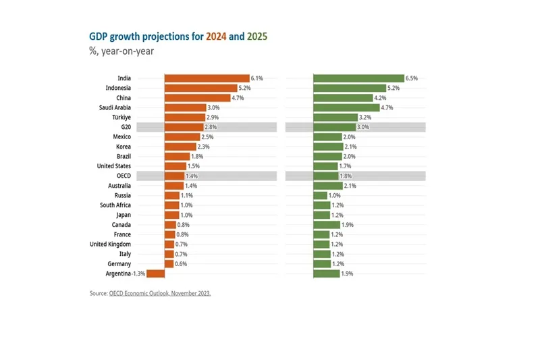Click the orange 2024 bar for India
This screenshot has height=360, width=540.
[x=207, y=78]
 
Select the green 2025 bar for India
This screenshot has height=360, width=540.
[x=358, y=78]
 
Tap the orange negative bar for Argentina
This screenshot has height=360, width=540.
[x=156, y=274]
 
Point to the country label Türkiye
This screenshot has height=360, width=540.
[x=122, y=118]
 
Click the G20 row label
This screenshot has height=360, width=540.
[x=126, y=127]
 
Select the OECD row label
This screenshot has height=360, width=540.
[x=124, y=176]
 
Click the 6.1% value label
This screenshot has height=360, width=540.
[x=256, y=78]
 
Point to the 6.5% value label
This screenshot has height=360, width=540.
[x=411, y=78]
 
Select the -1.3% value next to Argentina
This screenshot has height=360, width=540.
[x=139, y=274]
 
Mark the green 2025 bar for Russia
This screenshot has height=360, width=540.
[x=320, y=195]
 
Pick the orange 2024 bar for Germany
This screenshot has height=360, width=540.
[x=169, y=263]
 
